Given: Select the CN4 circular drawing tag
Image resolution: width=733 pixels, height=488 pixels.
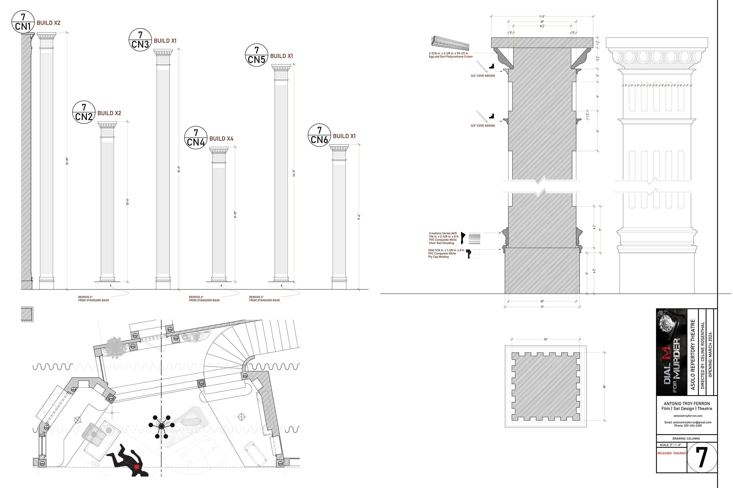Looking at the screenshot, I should click(196, 138).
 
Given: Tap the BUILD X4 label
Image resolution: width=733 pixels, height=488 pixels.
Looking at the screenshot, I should click(221, 139).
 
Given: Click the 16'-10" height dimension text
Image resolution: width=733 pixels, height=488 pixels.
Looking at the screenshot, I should click(67, 161).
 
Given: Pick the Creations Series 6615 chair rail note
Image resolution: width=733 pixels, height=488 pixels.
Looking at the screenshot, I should click(443, 238).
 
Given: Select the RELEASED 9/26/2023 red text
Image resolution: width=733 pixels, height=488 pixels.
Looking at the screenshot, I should click(671, 453).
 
